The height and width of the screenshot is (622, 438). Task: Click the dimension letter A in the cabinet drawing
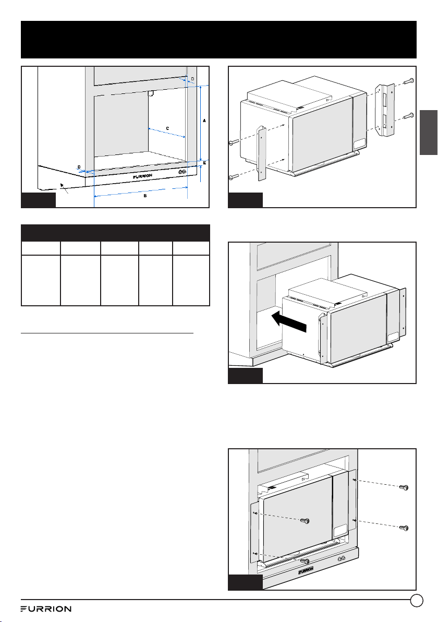204,120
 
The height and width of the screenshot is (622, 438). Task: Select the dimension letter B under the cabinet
145,196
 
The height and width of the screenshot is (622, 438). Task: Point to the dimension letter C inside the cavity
167,128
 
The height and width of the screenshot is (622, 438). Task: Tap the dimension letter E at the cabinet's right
204,163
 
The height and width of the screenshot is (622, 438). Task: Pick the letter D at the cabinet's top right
192,79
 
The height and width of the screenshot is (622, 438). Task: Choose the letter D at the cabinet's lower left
79,167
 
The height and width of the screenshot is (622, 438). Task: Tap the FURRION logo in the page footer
46,609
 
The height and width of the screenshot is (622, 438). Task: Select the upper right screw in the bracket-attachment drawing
409,81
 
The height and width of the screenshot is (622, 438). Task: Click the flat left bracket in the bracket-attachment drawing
262,153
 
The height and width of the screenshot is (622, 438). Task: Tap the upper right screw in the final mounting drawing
404,487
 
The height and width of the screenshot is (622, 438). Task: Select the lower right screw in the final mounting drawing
404,528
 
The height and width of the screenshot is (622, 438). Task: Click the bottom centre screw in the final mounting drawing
305,561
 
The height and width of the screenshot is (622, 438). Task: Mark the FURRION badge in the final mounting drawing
306,570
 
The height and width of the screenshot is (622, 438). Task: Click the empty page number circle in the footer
416,600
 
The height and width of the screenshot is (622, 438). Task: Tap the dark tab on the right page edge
429,132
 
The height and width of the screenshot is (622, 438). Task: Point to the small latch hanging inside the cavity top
151,93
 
